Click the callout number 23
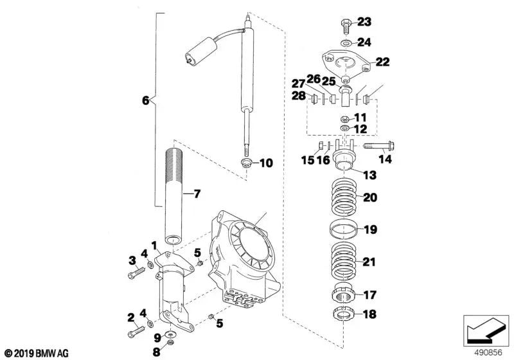[364, 22]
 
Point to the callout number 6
[145, 100]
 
